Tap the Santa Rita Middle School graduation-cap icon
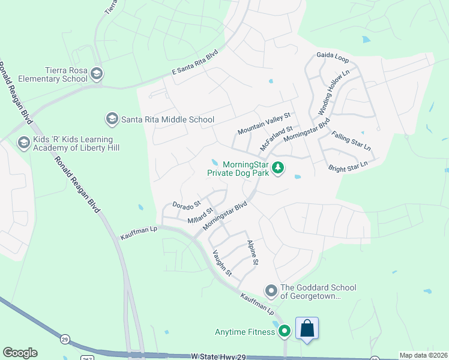(111, 119)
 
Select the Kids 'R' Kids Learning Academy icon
(23, 143)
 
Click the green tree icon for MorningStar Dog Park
(277, 168)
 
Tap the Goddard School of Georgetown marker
(271, 292)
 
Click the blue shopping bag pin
(307, 329)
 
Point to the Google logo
(20, 352)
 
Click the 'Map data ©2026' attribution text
(423, 355)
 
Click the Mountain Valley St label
(264, 123)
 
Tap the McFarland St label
(276, 137)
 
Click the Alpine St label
(253, 253)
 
